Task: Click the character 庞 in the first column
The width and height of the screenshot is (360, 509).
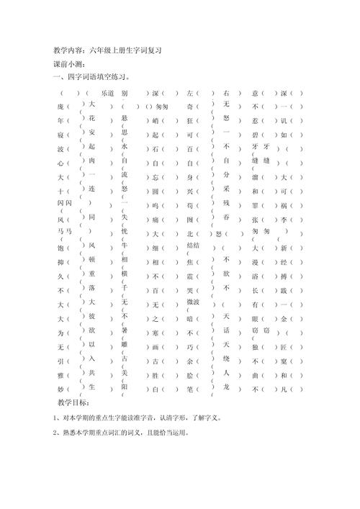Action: point(59,107)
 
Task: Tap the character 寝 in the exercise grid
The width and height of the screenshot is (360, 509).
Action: point(59,135)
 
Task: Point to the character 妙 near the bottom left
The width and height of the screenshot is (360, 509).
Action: point(59,389)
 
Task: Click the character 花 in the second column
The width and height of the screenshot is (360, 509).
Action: point(91,118)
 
